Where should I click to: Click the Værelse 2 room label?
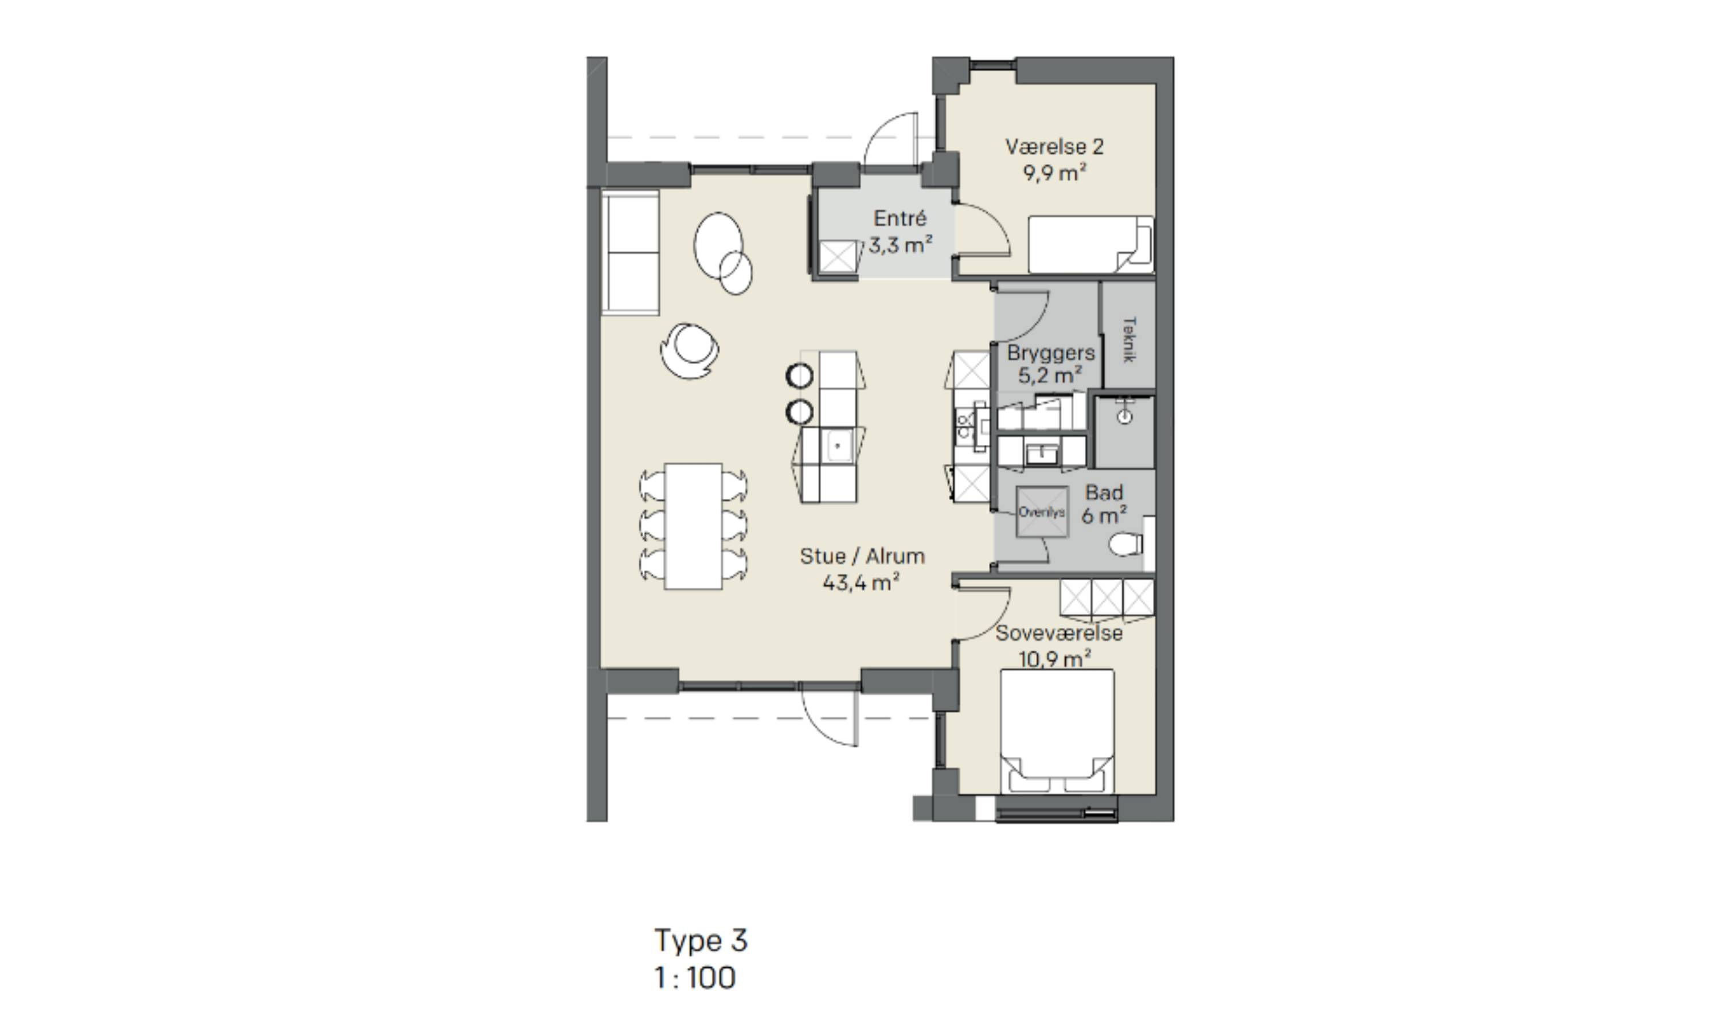(1054, 147)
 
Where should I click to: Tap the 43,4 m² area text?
(861, 583)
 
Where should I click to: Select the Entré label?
(900, 218)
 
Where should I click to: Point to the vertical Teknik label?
(1129, 339)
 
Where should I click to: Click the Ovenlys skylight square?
(1041, 513)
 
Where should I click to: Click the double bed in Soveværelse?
(1057, 731)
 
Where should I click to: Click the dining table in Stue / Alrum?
(693, 526)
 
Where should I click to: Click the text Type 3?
(701, 941)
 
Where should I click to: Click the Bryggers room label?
(1050, 353)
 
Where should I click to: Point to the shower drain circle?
(1125, 417)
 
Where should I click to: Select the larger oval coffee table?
(718, 246)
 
